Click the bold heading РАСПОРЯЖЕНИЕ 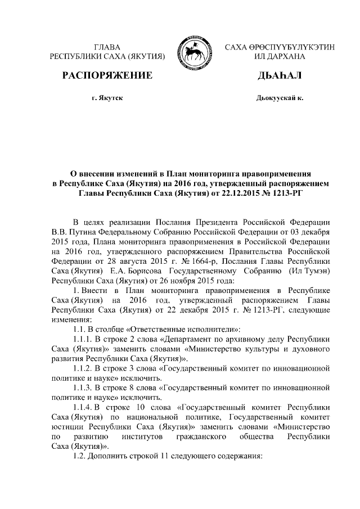pyautogui.click(x=107, y=75)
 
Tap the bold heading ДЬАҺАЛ pyautogui.click(x=279, y=75)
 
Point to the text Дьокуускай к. pyautogui.click(x=280, y=98)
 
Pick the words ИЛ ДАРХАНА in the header pyautogui.click(x=280, y=57)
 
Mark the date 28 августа pyautogui.click(x=122, y=261)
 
